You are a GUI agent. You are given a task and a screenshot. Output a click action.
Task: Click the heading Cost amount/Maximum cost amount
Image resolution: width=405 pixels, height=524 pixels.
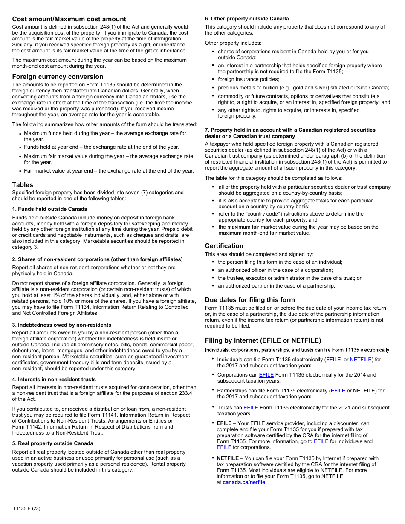[69, 19]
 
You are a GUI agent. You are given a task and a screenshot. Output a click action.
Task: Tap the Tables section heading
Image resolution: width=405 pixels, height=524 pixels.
[23, 185]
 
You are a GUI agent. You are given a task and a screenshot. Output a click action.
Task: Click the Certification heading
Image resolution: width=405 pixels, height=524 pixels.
[224, 246]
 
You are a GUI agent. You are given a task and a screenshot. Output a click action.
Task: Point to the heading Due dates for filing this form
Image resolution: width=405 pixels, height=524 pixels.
[250, 300]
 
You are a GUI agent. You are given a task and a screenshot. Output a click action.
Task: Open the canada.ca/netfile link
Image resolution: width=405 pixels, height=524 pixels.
[244, 482]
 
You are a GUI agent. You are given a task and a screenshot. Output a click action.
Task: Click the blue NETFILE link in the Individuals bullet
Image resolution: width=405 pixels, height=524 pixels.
[360, 360]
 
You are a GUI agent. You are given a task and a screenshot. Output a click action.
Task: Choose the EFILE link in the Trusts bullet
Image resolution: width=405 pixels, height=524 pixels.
[251, 408]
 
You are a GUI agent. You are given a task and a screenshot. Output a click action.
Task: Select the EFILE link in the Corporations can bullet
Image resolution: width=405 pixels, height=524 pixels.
[266, 375]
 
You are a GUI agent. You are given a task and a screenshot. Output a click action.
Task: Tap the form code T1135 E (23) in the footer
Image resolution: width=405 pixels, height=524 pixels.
[27, 508]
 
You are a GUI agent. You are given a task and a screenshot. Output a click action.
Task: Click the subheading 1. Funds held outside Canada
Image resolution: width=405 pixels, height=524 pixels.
[49, 209]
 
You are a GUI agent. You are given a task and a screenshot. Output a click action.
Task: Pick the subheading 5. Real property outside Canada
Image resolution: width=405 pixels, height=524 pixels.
[52, 443]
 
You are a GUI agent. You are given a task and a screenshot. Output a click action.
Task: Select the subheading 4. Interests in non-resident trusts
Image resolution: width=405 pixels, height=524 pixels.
[54, 380]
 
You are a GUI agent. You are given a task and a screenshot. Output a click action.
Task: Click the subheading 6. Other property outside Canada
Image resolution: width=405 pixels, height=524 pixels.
[246, 19]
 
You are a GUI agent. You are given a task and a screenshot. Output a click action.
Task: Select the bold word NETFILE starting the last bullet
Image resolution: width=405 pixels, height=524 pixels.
[228, 458]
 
